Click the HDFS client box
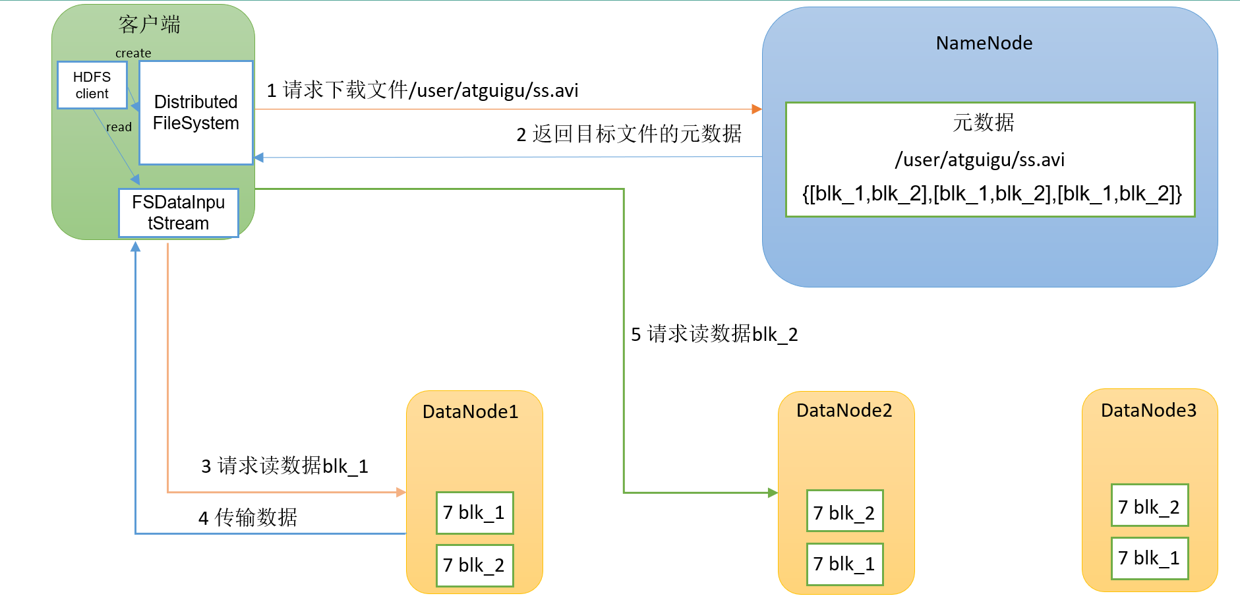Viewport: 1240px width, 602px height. [x=92, y=85]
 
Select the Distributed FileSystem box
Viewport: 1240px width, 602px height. [x=196, y=113]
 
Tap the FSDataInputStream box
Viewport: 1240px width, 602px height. [x=179, y=213]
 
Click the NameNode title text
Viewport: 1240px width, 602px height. [x=984, y=43]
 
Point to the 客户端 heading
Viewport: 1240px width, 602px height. [x=150, y=24]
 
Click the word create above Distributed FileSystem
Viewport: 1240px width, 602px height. [x=133, y=53]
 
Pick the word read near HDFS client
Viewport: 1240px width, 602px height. [x=119, y=127]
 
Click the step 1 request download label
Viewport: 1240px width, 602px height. [x=423, y=90]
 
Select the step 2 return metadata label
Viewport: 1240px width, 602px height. [x=629, y=134]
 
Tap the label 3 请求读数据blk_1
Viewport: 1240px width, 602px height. [x=285, y=466]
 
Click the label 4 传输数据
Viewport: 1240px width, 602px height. [x=248, y=518]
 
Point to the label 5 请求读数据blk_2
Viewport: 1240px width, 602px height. [x=715, y=334]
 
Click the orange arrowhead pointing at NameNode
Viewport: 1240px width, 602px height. [x=757, y=109]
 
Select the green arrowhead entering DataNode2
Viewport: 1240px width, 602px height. [x=773, y=493]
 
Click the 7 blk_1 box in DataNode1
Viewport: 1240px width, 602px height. [x=475, y=512]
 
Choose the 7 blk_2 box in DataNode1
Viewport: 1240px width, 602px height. [x=475, y=565]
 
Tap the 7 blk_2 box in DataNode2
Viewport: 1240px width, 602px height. [x=845, y=511]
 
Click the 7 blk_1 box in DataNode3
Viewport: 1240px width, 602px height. [x=1150, y=558]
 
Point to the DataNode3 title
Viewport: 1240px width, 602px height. [x=1149, y=410]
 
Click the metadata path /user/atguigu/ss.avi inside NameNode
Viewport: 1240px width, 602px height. [x=980, y=160]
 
